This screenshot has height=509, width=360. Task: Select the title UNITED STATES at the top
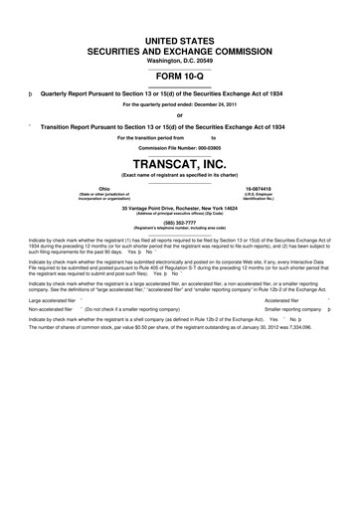[180, 35]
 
